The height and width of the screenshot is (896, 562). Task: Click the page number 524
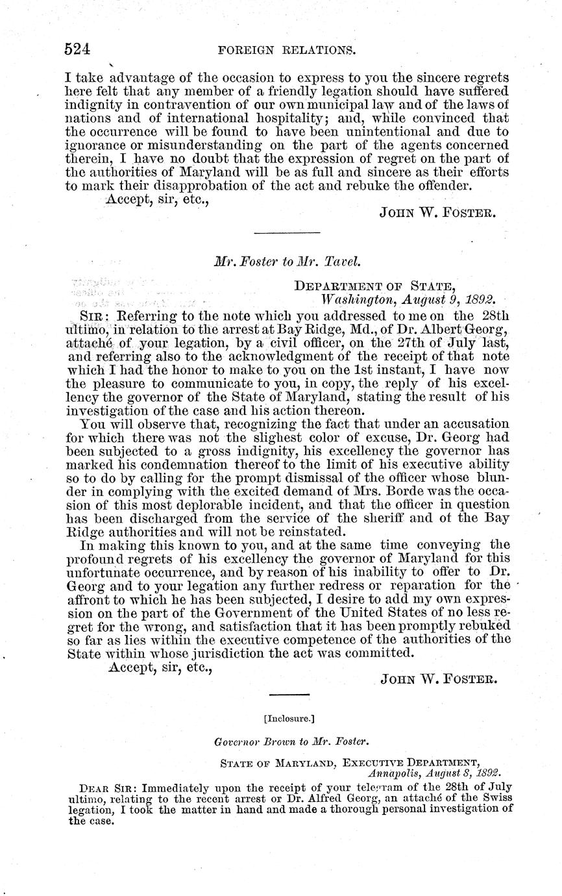[x=77, y=49]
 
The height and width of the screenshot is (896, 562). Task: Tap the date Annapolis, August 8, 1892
[x=434, y=773]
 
